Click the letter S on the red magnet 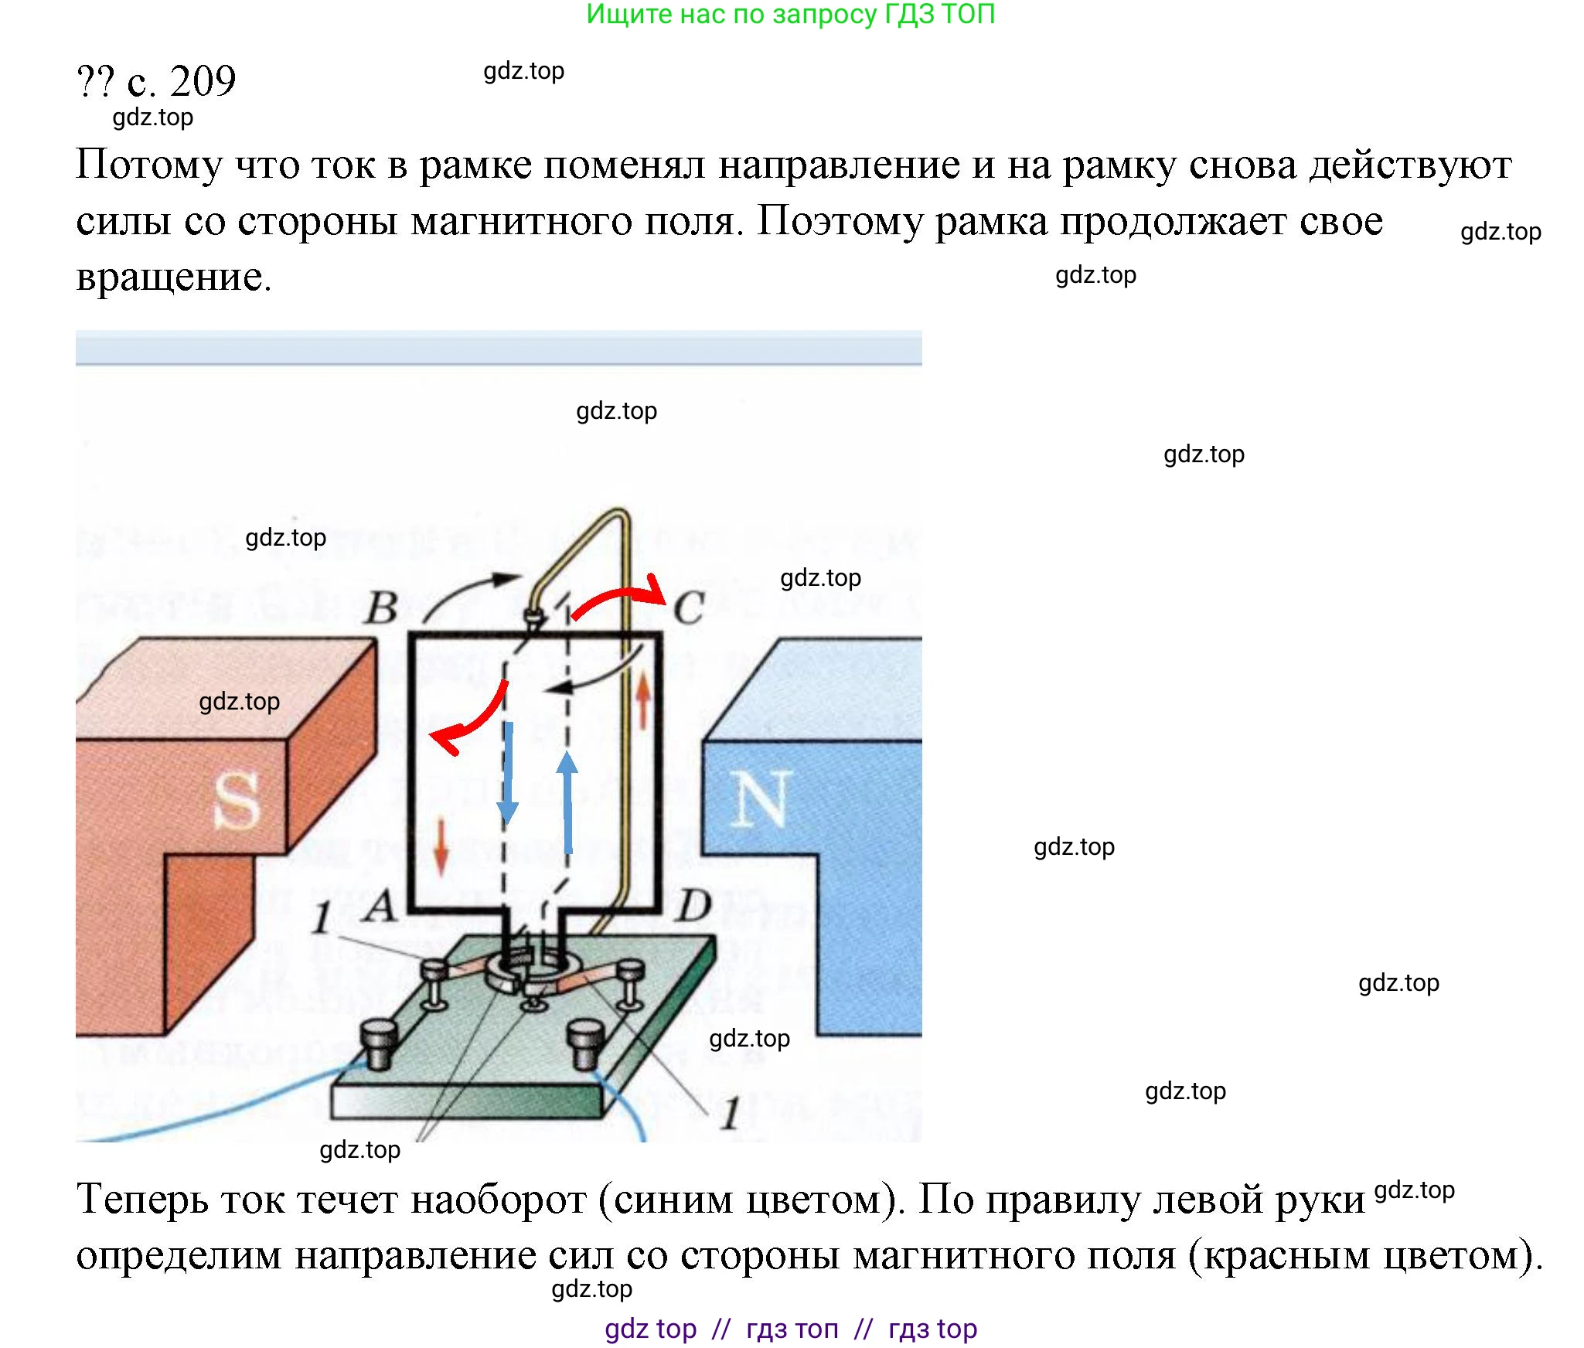pos(237,801)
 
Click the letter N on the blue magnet pos(761,799)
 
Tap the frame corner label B pos(382,608)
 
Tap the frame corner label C pos(689,608)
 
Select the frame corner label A pos(380,906)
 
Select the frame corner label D pos(693,906)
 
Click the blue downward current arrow pos(508,773)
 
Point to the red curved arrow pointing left pos(472,718)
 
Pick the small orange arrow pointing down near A pos(441,847)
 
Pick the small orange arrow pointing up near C pos(643,700)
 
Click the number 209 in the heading pos(203,81)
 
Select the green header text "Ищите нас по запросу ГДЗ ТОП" pos(790,15)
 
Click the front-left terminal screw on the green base pos(379,1043)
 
